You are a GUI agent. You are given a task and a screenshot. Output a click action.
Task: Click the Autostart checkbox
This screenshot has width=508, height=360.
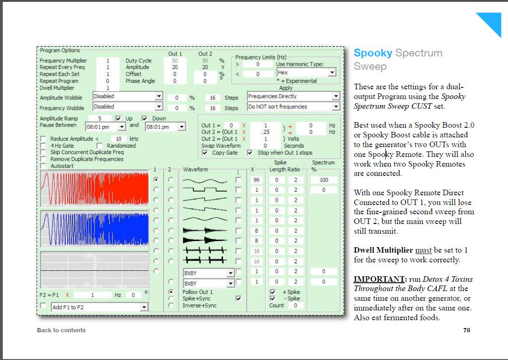43,166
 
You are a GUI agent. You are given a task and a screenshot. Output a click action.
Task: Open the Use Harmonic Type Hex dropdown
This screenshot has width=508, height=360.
306,73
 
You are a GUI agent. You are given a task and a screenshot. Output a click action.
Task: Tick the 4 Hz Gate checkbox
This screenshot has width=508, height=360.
43,146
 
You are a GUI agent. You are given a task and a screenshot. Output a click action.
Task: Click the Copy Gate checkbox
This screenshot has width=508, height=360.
205,153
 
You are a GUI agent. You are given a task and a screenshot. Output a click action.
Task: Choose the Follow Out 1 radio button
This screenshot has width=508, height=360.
171,292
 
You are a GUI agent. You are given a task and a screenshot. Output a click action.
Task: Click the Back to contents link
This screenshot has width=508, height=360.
61,330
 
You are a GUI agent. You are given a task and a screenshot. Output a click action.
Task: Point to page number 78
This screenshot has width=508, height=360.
466,330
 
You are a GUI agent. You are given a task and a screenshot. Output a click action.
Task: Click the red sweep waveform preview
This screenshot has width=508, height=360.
94,189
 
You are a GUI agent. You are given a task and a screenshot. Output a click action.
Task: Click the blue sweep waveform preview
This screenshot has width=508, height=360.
94,229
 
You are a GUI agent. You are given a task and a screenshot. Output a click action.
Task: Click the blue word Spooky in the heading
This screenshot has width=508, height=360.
373,53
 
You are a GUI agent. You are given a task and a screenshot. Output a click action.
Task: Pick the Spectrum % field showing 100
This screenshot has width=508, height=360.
324,180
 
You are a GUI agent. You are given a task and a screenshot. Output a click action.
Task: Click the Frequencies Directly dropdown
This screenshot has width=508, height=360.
293,96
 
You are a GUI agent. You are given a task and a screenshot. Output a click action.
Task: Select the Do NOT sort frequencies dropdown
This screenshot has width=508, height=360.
293,106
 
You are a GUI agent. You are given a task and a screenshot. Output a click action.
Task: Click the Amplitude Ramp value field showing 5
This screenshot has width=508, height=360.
100,118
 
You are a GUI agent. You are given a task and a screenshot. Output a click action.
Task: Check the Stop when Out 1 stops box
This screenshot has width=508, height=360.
250,153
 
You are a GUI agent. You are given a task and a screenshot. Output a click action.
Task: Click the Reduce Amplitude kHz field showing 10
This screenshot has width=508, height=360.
119,139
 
